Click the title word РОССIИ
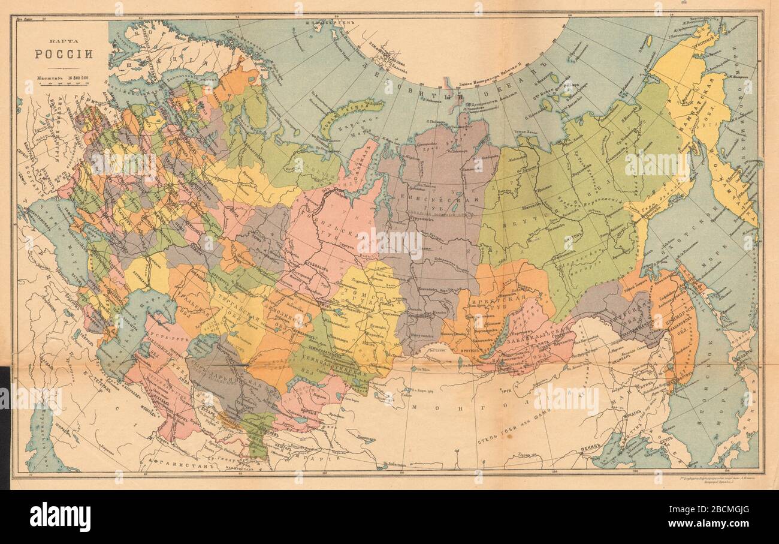pos(63,53)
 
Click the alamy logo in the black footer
pos(60,517)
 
